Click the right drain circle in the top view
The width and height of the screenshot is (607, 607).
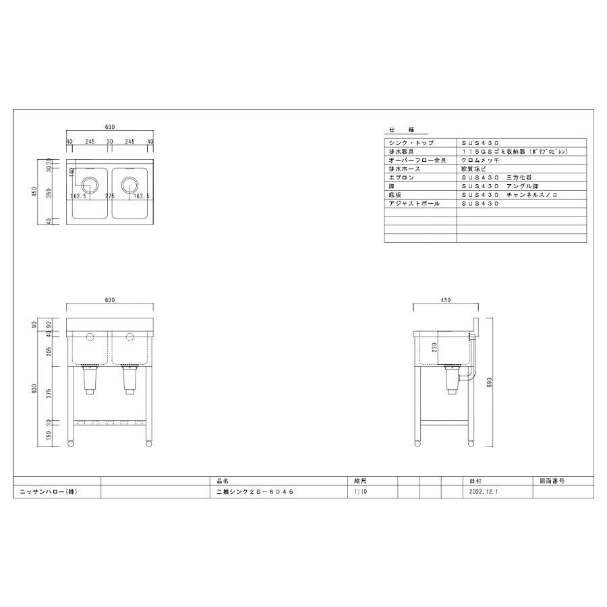pyautogui.click(x=130, y=183)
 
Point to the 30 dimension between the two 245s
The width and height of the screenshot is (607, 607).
pyautogui.click(x=110, y=141)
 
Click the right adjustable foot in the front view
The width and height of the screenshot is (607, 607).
pyautogui.click(x=148, y=443)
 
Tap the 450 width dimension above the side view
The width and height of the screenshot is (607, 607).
pyautogui.click(x=445, y=300)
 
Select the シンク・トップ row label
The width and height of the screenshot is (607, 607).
pyautogui.click(x=412, y=144)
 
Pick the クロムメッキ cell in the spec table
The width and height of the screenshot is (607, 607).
pyautogui.click(x=480, y=161)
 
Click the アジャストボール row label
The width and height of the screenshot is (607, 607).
pyautogui.click(x=415, y=202)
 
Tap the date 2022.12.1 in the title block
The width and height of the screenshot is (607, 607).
pyautogui.click(x=482, y=492)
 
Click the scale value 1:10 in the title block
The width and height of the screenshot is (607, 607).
pyautogui.click(x=360, y=492)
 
